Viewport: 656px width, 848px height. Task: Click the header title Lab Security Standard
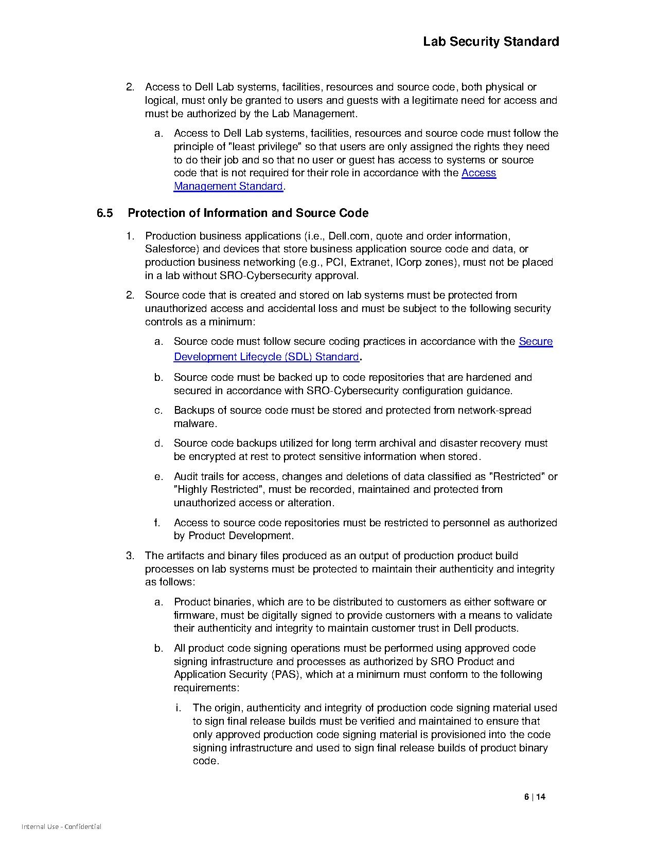(491, 42)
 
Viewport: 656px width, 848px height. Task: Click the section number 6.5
(104, 213)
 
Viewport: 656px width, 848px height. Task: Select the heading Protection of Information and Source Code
(247, 213)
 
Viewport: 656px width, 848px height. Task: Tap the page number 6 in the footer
(526, 797)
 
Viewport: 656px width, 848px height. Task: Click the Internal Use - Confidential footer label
(61, 827)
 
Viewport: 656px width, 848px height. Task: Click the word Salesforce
(169, 249)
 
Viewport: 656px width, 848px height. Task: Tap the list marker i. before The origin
(178, 708)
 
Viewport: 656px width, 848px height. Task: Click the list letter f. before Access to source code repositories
(157, 523)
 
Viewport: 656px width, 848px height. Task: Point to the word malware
(194, 423)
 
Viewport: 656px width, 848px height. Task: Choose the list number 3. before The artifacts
(130, 556)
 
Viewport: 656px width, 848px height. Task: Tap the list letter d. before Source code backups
(158, 443)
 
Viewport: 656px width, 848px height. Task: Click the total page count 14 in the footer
(540, 797)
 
